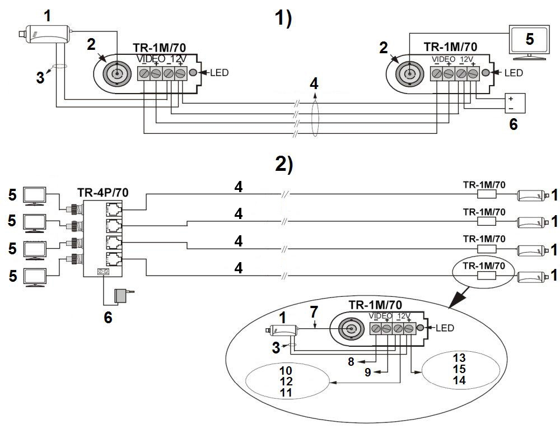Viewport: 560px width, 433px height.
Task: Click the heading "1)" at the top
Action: [283, 20]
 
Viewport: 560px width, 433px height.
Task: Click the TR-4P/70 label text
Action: [102, 193]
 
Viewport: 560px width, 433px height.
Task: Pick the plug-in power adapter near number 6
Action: [123, 296]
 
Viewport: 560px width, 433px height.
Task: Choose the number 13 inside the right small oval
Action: [459, 357]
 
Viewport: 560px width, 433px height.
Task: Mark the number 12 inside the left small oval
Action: [286, 381]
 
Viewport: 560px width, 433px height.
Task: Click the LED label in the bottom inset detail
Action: [444, 328]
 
